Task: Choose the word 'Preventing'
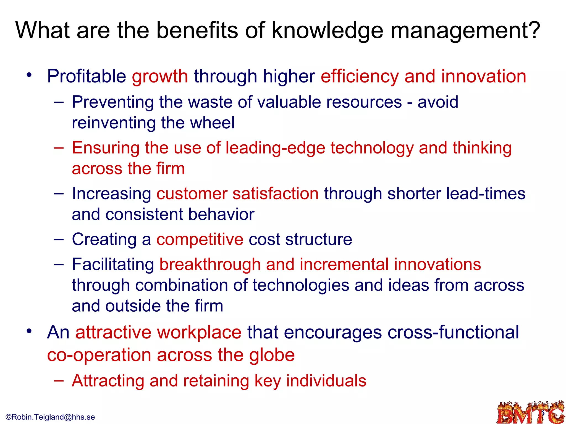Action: [x=113, y=102]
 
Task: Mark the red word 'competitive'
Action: [x=200, y=239]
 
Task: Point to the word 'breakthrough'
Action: [x=210, y=264]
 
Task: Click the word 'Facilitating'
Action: [x=113, y=264]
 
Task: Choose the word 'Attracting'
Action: [x=108, y=381]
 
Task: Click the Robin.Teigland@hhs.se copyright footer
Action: [x=50, y=417]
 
